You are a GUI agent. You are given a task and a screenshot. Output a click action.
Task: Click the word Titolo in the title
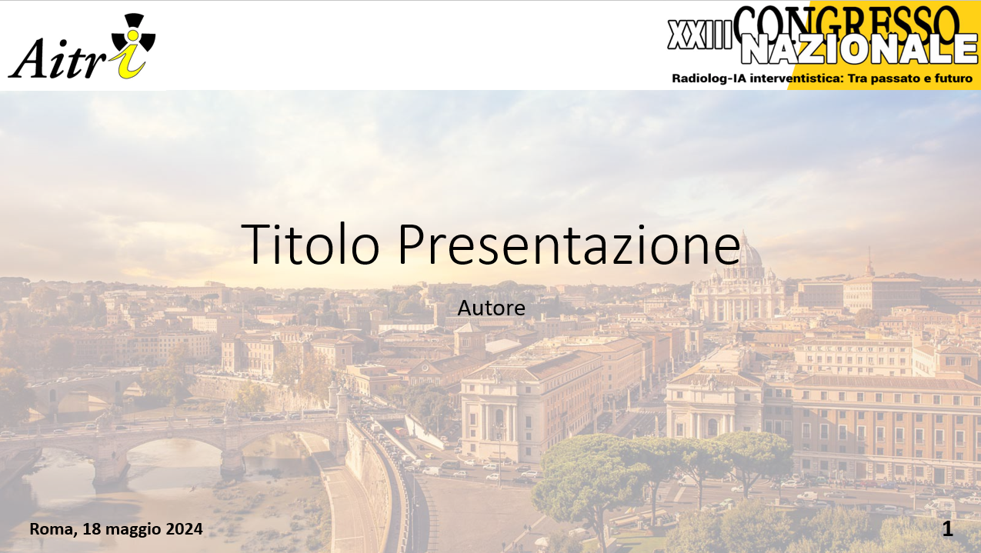(x=310, y=244)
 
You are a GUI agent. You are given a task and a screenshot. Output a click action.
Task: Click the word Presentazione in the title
(x=569, y=244)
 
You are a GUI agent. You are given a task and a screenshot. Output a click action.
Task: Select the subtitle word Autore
(x=492, y=308)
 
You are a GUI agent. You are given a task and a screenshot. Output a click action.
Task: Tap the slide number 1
(x=947, y=529)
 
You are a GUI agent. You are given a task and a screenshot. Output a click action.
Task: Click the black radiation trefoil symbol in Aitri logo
(x=134, y=34)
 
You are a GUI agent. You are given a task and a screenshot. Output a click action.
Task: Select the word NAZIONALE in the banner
(x=859, y=48)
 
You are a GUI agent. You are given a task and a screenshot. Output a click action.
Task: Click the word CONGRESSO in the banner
(x=846, y=22)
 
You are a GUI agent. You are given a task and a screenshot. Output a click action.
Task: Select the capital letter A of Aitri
(x=28, y=58)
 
